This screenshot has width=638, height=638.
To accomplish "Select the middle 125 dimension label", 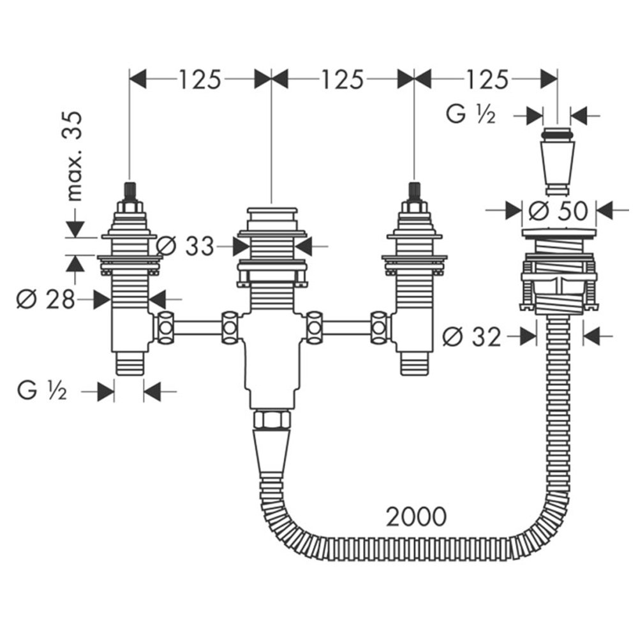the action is (342, 79).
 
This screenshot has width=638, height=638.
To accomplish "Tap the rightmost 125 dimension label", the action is (487, 79).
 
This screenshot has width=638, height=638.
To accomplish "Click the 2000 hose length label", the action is (416, 517).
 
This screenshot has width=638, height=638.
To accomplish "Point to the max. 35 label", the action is (75, 156).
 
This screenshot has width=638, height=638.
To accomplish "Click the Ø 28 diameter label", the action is (45, 299).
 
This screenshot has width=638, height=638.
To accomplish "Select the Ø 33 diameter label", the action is (185, 246).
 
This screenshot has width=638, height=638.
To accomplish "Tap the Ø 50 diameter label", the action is (558, 211).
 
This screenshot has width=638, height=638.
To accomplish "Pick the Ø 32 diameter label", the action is (471, 337).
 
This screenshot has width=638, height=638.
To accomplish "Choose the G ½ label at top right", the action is (471, 114).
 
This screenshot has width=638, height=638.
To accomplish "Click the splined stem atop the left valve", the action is (130, 191).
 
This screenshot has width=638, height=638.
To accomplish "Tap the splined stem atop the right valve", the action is (413, 191).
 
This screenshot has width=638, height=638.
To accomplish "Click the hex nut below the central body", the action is (271, 420).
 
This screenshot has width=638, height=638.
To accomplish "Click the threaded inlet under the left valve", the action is (130, 363).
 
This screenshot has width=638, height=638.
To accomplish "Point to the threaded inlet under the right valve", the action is (414, 363).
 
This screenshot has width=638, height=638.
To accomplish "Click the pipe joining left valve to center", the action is (198, 327).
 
